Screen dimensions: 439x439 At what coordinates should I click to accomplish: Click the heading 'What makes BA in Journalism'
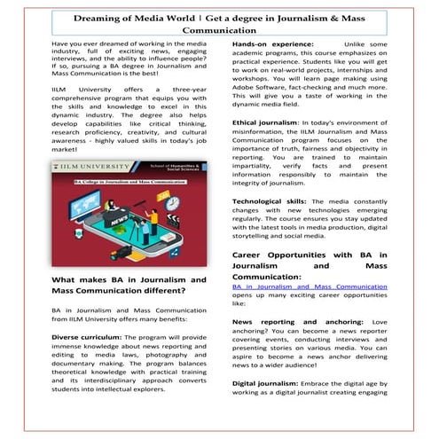tap(129, 280)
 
